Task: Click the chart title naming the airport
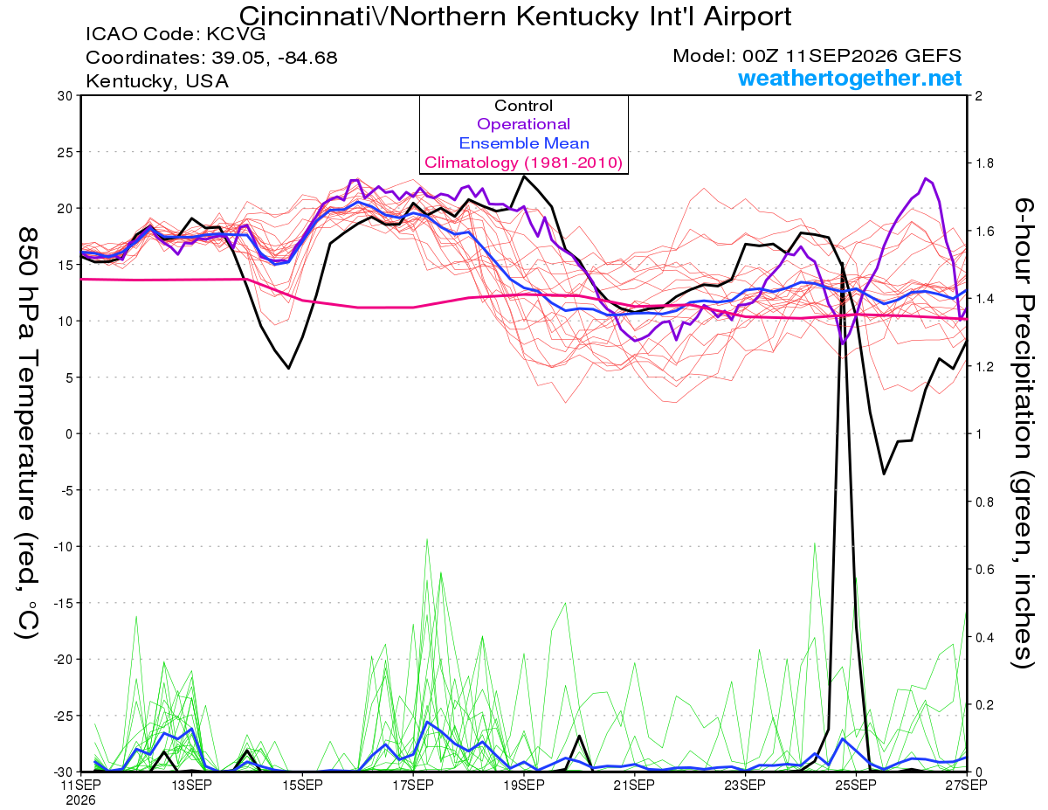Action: pyautogui.click(x=514, y=17)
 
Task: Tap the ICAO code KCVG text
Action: pyautogui.click(x=176, y=34)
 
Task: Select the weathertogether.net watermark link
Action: pyautogui.click(x=850, y=78)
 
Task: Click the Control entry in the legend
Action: pyautogui.click(x=523, y=106)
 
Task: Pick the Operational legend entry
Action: pyautogui.click(x=523, y=124)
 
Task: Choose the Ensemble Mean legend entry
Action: pyautogui.click(x=524, y=143)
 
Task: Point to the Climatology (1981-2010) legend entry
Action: pyautogui.click(x=524, y=163)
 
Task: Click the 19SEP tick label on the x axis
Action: pyautogui.click(x=524, y=785)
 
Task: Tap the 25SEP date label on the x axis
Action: pyautogui.click(x=856, y=785)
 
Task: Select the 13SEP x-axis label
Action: pyautogui.click(x=191, y=785)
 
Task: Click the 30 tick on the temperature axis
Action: pyautogui.click(x=65, y=96)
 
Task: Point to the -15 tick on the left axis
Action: pyautogui.click(x=62, y=603)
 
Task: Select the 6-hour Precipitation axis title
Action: pyautogui.click(x=1023, y=433)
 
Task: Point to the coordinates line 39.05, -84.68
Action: pyautogui.click(x=211, y=58)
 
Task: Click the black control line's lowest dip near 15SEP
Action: pyautogui.click(x=289, y=369)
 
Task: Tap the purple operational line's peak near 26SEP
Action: pyautogui.click(x=926, y=178)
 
